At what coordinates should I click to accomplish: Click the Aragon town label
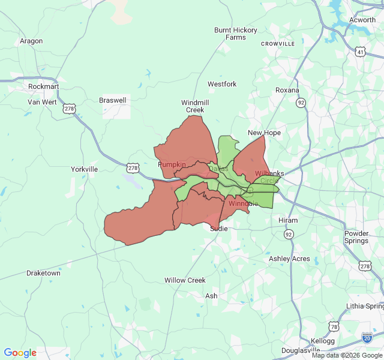[x=31, y=41]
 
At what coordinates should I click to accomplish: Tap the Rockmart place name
[x=43, y=86]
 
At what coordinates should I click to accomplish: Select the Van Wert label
[x=41, y=102]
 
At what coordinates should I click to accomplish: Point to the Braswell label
[x=113, y=100]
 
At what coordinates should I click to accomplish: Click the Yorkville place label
[x=84, y=169]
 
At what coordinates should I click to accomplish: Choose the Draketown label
[x=43, y=273]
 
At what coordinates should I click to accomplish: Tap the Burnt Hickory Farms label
[x=236, y=34]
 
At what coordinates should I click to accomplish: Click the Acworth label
[x=362, y=20]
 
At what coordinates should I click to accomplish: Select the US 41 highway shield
[x=360, y=52]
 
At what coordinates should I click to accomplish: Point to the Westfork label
[x=222, y=84]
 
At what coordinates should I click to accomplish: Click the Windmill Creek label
[x=195, y=106]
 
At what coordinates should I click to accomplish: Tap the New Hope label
[x=264, y=133]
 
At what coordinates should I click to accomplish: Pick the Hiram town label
[x=288, y=220]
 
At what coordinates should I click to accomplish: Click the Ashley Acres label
[x=289, y=259]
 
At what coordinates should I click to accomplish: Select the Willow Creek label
[x=185, y=280]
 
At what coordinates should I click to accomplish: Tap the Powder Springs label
[x=356, y=237]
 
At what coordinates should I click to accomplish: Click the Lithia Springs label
[x=364, y=306]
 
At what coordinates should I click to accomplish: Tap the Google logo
[x=20, y=353]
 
